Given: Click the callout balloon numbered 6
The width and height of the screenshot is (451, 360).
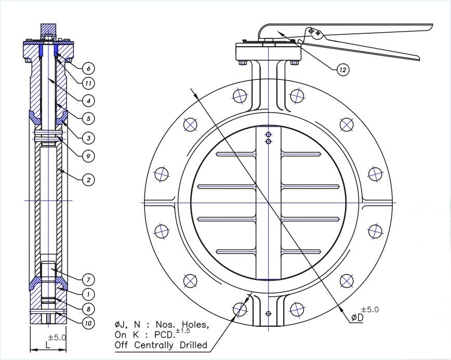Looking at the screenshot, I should point(88,68).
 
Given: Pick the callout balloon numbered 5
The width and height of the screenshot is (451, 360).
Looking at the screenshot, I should point(88,119).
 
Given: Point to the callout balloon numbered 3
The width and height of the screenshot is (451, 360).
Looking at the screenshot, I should point(88,138).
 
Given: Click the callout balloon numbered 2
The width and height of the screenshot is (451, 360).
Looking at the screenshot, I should point(88,180).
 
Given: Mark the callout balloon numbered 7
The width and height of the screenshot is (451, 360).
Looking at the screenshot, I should point(88,280).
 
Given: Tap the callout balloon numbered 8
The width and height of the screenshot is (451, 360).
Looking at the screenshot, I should point(88,309).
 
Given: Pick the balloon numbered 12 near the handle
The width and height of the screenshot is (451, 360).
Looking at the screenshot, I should point(342,70).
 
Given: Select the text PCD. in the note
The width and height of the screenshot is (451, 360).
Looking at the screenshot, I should point(162,335).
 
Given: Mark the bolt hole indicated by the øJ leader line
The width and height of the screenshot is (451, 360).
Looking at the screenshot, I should point(240,310).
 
